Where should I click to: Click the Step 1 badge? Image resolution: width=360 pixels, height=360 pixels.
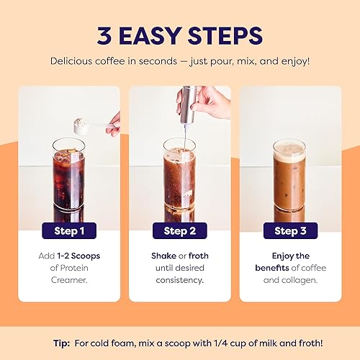[68, 231]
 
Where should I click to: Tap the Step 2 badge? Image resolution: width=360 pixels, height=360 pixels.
[179, 231]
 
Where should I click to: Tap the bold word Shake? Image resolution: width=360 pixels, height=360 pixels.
[163, 256]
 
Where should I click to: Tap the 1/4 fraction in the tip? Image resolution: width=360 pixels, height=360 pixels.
[212, 343]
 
